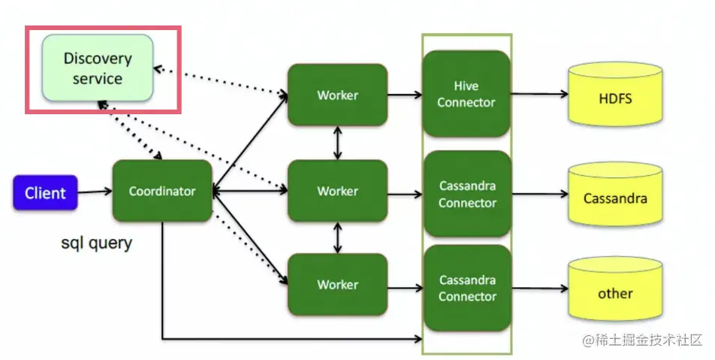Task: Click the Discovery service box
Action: (x=98, y=68)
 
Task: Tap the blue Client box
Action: (x=45, y=193)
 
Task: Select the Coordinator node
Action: (x=162, y=191)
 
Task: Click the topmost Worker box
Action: (x=337, y=95)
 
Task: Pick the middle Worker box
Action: (x=337, y=191)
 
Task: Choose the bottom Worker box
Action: (x=337, y=285)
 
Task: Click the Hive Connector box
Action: (x=466, y=94)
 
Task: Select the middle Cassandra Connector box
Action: (x=466, y=194)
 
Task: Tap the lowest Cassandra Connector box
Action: (x=466, y=288)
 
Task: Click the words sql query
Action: (x=96, y=243)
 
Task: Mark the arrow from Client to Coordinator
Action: (x=95, y=192)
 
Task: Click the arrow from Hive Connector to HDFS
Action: (x=539, y=95)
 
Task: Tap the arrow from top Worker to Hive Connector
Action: (x=405, y=95)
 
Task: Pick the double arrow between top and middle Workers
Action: (x=338, y=143)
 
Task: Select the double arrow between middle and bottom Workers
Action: (x=338, y=237)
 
